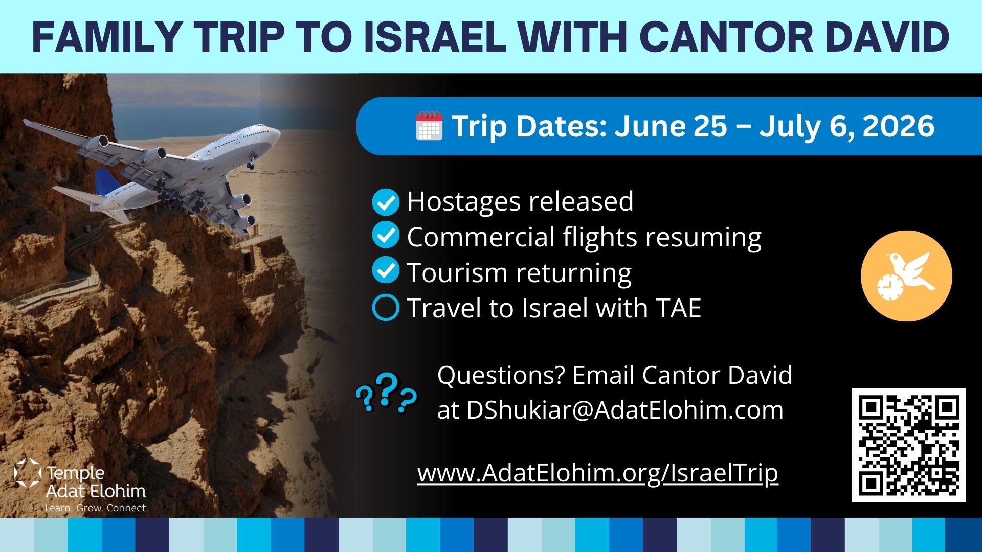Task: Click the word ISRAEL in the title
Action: coord(435,37)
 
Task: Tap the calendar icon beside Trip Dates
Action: coord(429,126)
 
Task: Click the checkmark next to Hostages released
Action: coord(385,202)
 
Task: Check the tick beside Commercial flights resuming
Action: coord(385,237)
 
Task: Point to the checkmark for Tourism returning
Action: coord(385,270)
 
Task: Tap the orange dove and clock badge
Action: coord(906,276)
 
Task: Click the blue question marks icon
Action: coord(386,393)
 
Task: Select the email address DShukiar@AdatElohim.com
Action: coord(624,410)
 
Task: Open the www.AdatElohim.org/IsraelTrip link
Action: coord(597,473)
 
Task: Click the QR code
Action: coord(909,445)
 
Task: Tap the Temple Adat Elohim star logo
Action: coord(28,473)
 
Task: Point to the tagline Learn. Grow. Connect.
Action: coord(97,508)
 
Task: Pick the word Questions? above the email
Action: coord(501,375)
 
